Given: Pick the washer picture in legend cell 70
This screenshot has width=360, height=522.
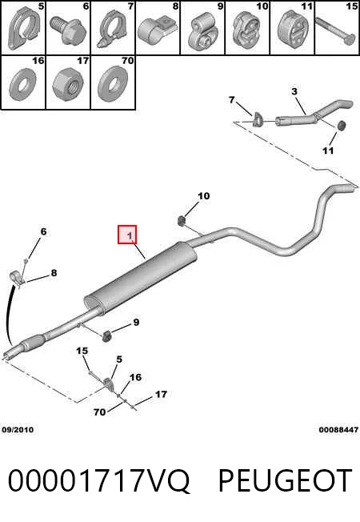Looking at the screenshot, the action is pyautogui.click(x=113, y=85).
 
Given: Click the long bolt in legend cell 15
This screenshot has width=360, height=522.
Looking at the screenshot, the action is pyautogui.click(x=336, y=30).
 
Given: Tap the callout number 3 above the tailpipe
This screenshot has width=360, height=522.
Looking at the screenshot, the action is pyautogui.click(x=294, y=91).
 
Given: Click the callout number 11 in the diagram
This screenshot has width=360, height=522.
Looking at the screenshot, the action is pyautogui.click(x=328, y=151).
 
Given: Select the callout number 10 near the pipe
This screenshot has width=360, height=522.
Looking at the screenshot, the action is pyautogui.click(x=204, y=195).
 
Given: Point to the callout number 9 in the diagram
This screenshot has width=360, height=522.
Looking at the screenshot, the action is pyautogui.click(x=136, y=323).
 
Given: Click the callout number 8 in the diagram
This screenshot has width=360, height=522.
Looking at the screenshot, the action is pyautogui.click(x=54, y=273).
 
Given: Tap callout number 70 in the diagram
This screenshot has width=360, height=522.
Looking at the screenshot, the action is pyautogui.click(x=99, y=412).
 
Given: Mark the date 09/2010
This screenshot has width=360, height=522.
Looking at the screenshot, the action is pyautogui.click(x=18, y=430).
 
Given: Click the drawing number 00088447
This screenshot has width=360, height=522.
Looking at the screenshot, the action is pyautogui.click(x=338, y=430).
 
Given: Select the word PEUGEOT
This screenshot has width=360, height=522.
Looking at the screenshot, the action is pyautogui.click(x=285, y=480).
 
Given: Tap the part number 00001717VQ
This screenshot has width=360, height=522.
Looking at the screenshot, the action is pyautogui.click(x=99, y=481).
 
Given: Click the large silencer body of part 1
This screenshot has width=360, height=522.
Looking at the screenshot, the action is pyautogui.click(x=140, y=277).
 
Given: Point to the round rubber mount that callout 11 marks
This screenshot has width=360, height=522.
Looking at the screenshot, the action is pyautogui.click(x=342, y=125).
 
